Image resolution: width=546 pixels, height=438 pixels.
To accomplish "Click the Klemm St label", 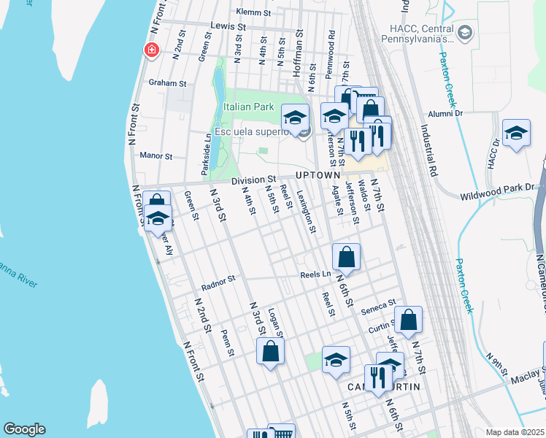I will click(254, 12).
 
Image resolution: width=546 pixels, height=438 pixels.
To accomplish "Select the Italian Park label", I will click(249, 107).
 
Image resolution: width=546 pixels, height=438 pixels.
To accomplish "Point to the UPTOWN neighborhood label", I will click(318, 176).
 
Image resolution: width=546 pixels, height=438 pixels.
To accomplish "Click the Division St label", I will click(253, 180).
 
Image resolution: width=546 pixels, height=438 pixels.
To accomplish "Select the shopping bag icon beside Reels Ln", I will click(347, 258).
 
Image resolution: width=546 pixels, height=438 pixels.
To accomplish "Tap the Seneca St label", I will click(381, 304).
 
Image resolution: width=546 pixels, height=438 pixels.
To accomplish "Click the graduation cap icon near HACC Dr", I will click(516, 134).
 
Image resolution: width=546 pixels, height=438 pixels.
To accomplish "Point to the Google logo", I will click(24, 429).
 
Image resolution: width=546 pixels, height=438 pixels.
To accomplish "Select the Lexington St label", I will click(307, 212).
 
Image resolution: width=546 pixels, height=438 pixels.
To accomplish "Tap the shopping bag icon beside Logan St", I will click(271, 352).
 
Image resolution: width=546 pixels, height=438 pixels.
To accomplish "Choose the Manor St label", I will click(155, 155).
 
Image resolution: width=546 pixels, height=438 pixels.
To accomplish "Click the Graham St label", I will click(168, 83).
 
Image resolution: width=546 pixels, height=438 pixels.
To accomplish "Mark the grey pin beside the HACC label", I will click(464, 32).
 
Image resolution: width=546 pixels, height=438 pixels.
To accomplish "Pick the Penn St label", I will click(227, 342).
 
